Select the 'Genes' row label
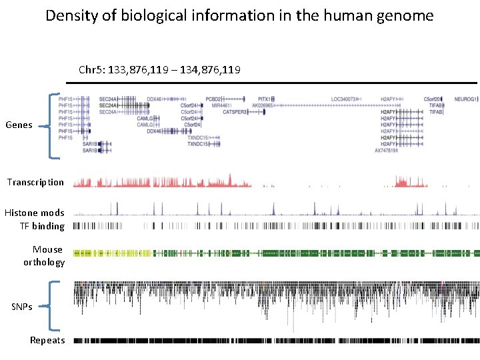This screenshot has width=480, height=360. (x=19, y=125)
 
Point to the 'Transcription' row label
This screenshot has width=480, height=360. (x=35, y=182)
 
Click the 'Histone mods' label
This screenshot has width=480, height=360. (x=35, y=213)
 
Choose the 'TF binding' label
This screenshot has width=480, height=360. (x=42, y=226)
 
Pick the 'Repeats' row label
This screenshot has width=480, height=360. (x=47, y=341)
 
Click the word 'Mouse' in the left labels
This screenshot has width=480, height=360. (x=47, y=249)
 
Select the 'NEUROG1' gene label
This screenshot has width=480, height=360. (x=465, y=99)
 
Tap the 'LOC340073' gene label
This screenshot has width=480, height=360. (x=343, y=99)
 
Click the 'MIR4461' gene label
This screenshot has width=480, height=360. (x=221, y=105)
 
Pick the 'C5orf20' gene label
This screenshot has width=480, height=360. (x=432, y=99)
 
